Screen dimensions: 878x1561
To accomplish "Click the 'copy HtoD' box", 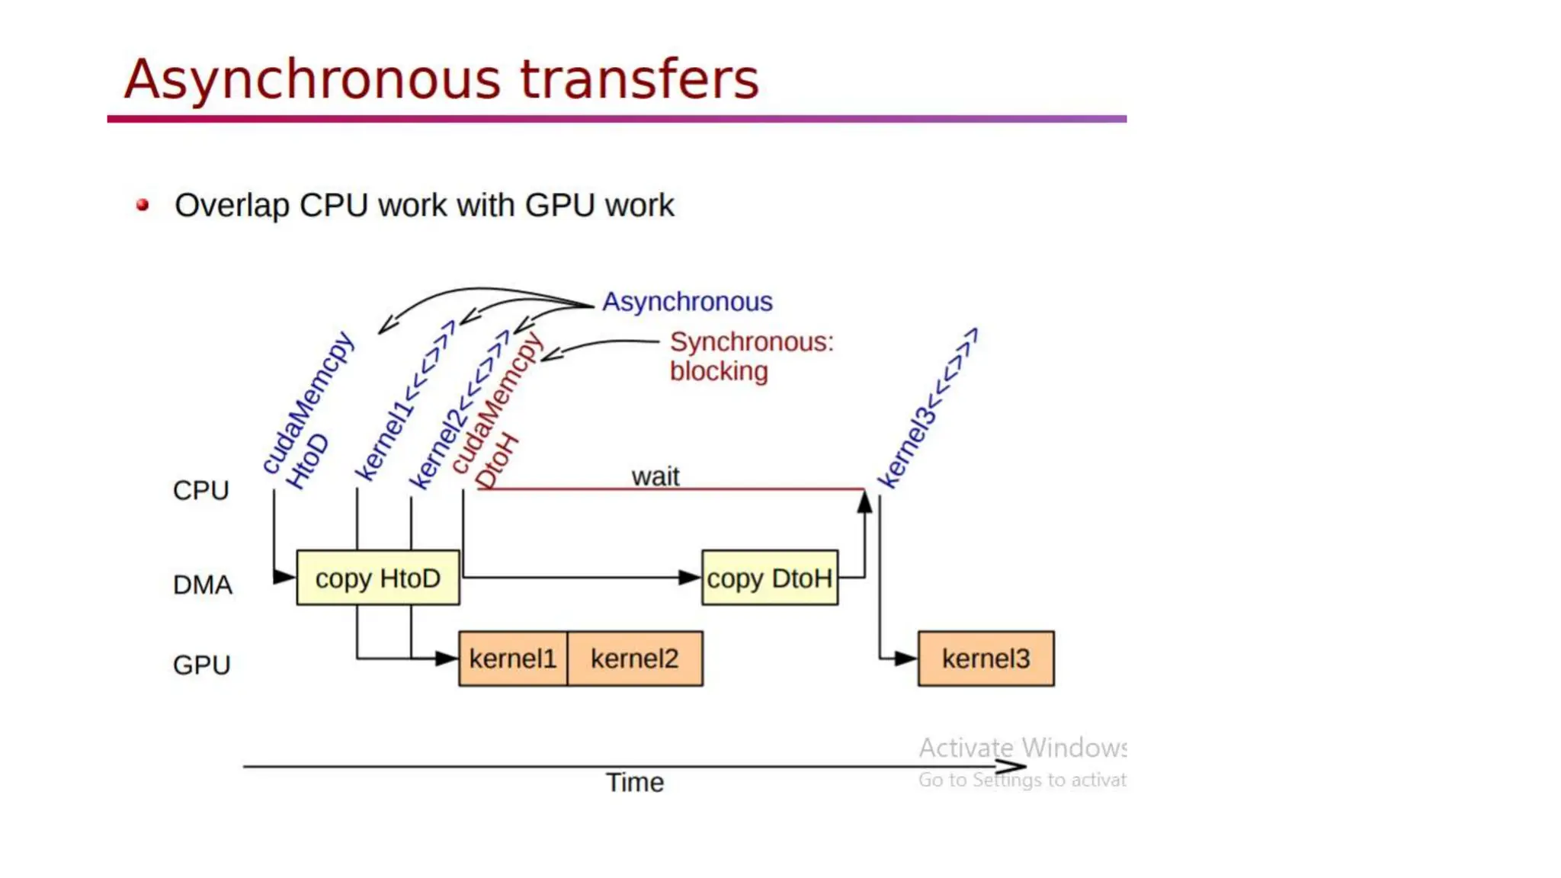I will point(378,578).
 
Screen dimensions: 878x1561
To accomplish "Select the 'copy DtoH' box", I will point(769,578).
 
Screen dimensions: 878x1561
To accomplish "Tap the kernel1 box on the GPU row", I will point(512,658).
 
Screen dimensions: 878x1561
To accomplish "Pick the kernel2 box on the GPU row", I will point(634,658).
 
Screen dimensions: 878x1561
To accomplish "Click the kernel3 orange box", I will point(986,658).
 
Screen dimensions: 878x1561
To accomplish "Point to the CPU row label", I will point(200,490).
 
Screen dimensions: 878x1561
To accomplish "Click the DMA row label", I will point(202,585).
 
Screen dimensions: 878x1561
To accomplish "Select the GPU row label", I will point(201,665).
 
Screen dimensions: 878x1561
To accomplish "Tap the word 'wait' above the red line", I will point(655,476).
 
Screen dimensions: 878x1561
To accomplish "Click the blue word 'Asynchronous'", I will point(687,302).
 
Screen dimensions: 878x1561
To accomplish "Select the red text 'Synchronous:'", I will point(752,341).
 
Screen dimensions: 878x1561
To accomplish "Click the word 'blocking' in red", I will point(719,371).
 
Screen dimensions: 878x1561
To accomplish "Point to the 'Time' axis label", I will point(634,782).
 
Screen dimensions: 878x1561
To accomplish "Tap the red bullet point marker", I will point(143,204).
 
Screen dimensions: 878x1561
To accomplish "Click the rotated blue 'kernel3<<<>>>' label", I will point(925,410).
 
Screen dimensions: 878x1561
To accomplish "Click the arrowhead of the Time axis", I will point(1014,766).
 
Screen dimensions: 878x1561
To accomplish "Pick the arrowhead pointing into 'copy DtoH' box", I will point(690,578).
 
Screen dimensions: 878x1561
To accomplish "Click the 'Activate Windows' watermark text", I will point(1021,748).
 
